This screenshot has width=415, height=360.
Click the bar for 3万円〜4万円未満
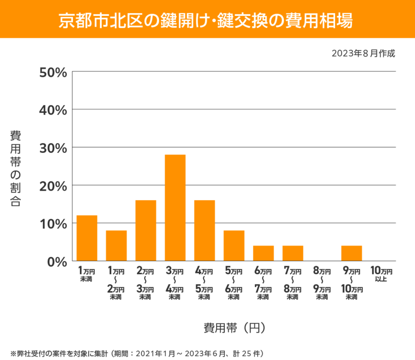point(175,208)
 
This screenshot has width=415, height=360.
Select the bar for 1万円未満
point(87,238)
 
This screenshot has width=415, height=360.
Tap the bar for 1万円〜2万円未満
point(116,246)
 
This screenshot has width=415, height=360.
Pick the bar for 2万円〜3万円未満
point(146,230)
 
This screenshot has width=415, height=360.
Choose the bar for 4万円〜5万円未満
point(205,230)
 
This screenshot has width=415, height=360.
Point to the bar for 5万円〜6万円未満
point(234,246)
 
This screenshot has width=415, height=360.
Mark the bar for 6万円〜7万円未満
point(263,253)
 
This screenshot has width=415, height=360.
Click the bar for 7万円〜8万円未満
point(293,253)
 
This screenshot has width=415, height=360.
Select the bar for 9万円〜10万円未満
point(352,253)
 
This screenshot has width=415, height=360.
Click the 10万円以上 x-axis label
point(381,274)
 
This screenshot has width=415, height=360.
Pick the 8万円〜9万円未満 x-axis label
point(322,284)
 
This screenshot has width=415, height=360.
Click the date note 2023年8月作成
point(363,53)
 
